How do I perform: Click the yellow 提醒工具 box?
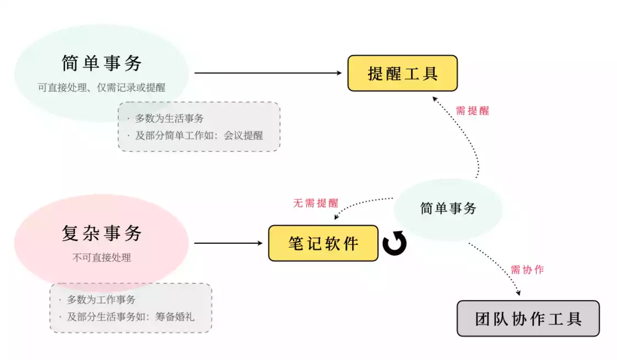click(402, 73)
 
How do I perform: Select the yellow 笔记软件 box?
click(323, 243)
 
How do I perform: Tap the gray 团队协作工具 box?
click(528, 318)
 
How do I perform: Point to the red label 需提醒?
click(472, 111)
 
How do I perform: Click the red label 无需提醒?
click(315, 203)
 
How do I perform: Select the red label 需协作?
click(527, 270)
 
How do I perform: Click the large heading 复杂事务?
click(102, 233)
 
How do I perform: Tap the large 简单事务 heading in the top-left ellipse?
click(102, 63)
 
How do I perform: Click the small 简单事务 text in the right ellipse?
click(448, 208)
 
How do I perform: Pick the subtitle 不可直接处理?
click(102, 257)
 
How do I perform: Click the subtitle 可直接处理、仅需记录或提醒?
click(102, 87)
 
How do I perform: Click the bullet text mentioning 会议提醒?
click(199, 135)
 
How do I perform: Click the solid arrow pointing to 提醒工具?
click(269, 73)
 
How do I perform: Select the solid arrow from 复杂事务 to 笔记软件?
click(229, 243)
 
